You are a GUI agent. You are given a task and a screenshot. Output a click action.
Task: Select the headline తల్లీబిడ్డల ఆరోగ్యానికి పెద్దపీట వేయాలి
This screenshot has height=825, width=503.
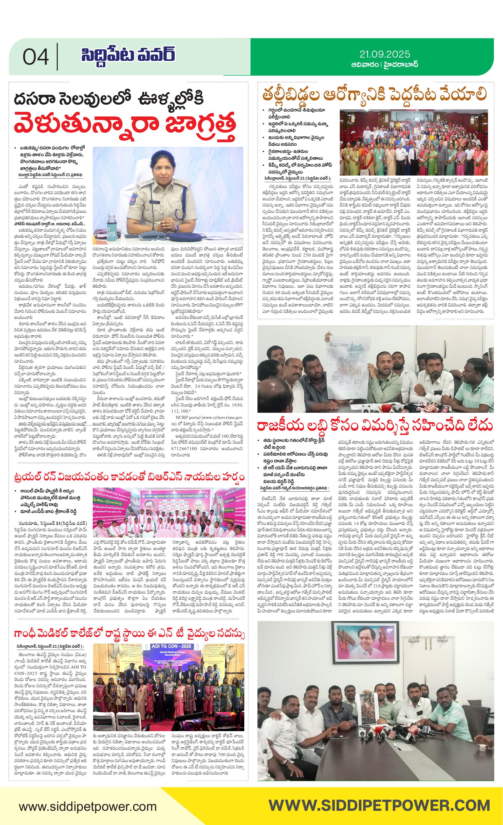375,95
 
